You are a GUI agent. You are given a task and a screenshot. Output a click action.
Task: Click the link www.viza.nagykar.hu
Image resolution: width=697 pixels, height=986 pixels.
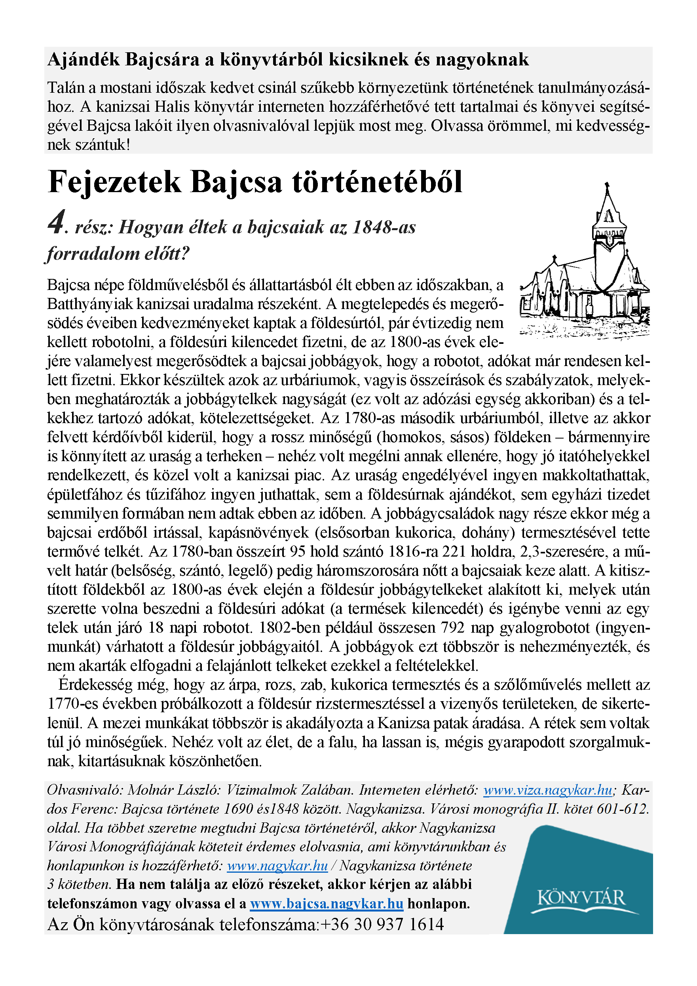point(548,790)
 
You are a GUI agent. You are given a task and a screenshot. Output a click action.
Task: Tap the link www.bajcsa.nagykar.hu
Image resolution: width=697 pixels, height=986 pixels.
point(327,904)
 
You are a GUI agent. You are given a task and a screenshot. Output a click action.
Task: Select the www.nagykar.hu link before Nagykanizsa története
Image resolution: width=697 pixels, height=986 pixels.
point(277,865)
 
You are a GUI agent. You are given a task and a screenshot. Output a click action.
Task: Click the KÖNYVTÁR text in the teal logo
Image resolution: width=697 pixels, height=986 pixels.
point(581,898)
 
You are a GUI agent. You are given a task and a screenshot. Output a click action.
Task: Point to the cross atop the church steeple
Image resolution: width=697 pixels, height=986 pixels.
point(607,185)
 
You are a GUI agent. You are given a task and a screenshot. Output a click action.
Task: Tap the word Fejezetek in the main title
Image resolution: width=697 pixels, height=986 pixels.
point(115,182)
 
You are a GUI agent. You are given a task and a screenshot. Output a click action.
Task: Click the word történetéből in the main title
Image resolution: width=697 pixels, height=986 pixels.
point(377,182)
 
